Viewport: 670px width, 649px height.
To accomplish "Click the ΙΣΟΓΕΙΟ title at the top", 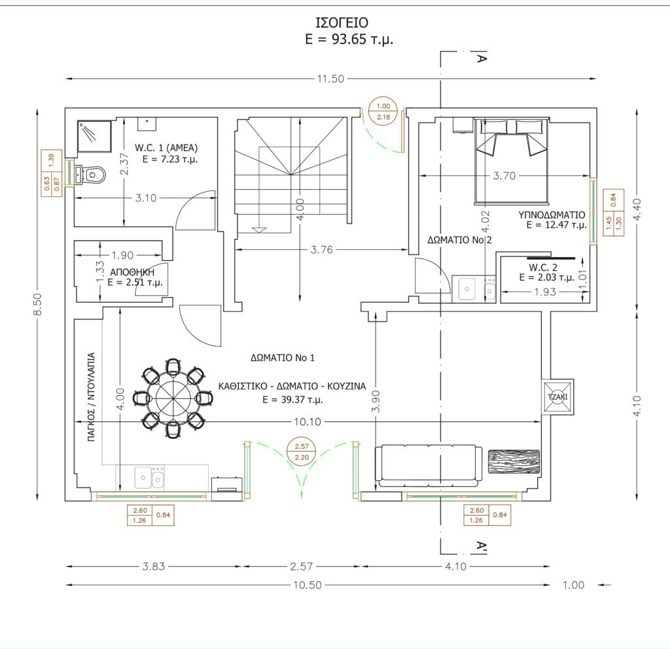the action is tap(342, 22).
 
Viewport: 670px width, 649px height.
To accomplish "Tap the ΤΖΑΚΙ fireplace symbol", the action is tap(557, 397).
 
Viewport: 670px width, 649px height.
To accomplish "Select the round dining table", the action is tap(173, 398).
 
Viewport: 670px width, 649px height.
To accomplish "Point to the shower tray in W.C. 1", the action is tap(94, 136).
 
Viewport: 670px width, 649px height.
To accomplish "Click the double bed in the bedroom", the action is tap(512, 161).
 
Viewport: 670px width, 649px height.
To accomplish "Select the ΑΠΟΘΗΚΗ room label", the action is tap(132, 272).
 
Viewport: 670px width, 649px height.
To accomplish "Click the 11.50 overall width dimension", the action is tap(330, 79).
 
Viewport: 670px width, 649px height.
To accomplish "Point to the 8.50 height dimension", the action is tap(37, 304).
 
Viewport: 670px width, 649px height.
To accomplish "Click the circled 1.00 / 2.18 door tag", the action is tap(383, 111).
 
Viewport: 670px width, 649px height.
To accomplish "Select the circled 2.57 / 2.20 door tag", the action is tap(302, 451).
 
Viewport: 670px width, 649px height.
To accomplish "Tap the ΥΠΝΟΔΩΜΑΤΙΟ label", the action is tap(552, 215).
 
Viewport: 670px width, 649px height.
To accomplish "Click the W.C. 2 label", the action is tap(543, 268).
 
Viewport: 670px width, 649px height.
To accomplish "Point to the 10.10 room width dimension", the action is tap(308, 422).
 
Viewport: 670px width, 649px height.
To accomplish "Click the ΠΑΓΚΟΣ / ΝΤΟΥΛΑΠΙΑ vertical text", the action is tap(91, 396).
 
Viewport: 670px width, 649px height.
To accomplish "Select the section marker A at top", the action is tap(482, 58).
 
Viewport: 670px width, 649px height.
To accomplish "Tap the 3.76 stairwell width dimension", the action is tap(321, 249).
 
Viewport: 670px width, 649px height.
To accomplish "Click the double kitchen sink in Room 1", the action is tap(149, 477).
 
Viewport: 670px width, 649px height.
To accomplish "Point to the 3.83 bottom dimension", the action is tap(153, 566).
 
